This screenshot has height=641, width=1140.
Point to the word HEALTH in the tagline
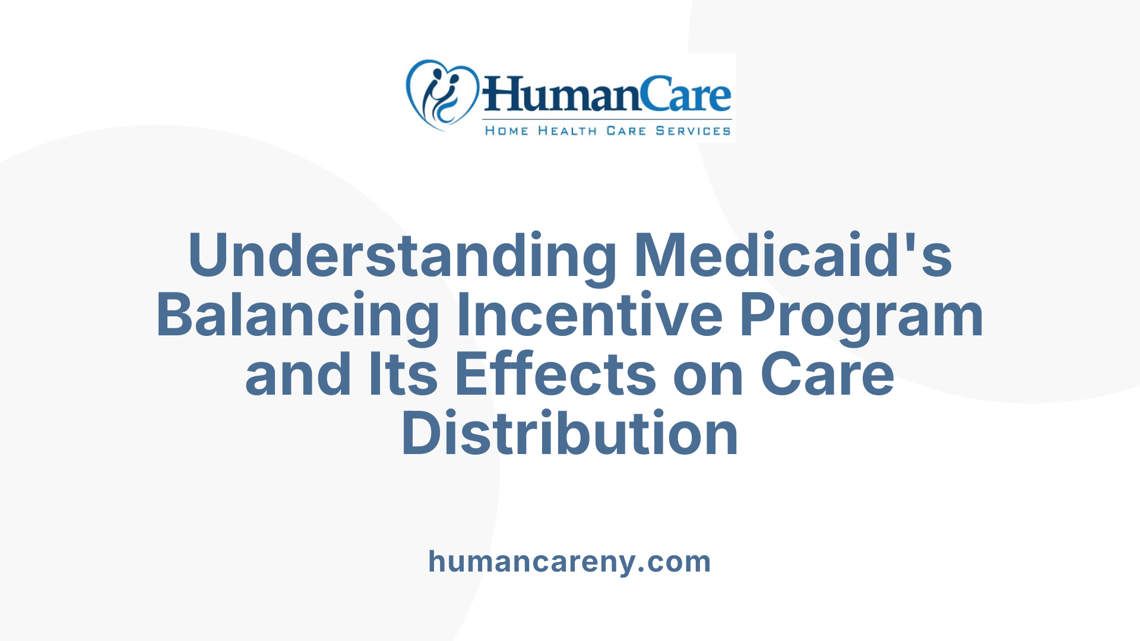[x=567, y=131]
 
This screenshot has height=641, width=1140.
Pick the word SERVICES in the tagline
[x=693, y=131]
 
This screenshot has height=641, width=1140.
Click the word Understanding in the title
[x=403, y=256]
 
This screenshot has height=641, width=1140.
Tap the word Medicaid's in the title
[x=793, y=256]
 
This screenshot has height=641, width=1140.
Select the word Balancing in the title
[x=297, y=315]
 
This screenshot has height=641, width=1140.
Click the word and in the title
[x=298, y=375]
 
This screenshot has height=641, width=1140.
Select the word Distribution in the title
[x=570, y=434]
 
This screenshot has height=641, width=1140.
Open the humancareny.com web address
[x=569, y=561]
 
